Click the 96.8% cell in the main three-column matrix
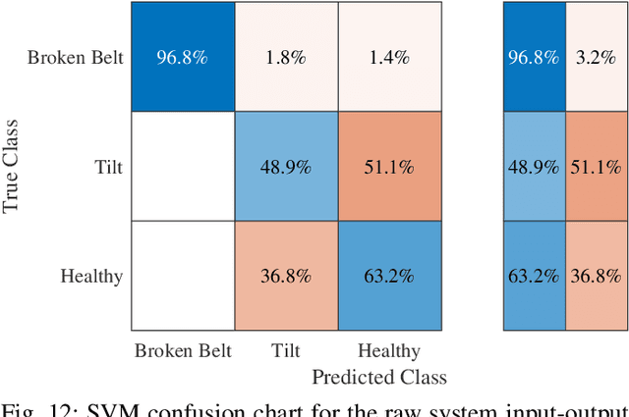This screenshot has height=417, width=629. tap(182, 57)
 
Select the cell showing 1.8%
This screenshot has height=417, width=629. tap(286, 57)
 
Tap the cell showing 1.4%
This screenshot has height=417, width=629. tap(389, 57)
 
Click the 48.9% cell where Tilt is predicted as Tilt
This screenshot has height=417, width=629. tap(286, 167)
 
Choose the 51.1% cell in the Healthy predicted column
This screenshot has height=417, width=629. tap(389, 167)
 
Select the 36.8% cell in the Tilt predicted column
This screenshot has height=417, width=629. tap(286, 276)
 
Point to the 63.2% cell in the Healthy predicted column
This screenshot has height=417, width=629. tap(389, 276)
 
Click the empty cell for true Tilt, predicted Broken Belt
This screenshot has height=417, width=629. tap(182, 167)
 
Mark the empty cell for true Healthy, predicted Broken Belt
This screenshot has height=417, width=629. tap(182, 276)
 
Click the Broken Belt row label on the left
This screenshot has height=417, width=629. tap(76, 57)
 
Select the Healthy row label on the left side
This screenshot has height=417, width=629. tap(90, 276)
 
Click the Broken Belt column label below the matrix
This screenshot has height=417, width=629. tap(182, 351)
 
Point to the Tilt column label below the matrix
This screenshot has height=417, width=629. tap(286, 351)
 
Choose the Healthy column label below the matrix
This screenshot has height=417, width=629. tap(389, 351)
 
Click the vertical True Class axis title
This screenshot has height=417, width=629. tap(13, 167)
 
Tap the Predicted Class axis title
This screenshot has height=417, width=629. tap(379, 377)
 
